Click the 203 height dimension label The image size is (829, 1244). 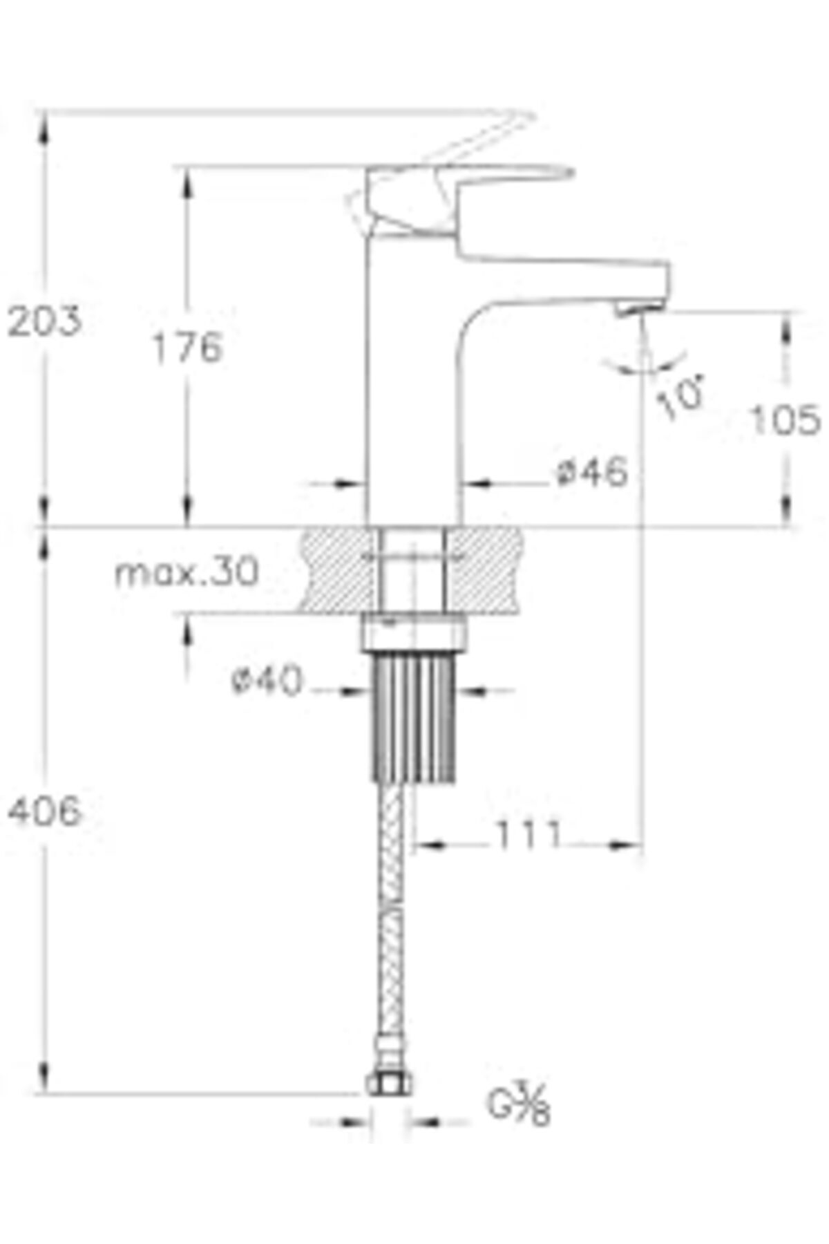[x=44, y=321]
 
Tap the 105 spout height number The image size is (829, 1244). [x=785, y=420]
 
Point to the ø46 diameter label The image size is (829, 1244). [x=592, y=472]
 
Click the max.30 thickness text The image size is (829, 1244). [x=187, y=572]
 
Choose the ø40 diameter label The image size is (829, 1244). [x=267, y=681]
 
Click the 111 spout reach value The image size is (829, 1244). [x=528, y=836]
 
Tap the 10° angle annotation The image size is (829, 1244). [x=680, y=397]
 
